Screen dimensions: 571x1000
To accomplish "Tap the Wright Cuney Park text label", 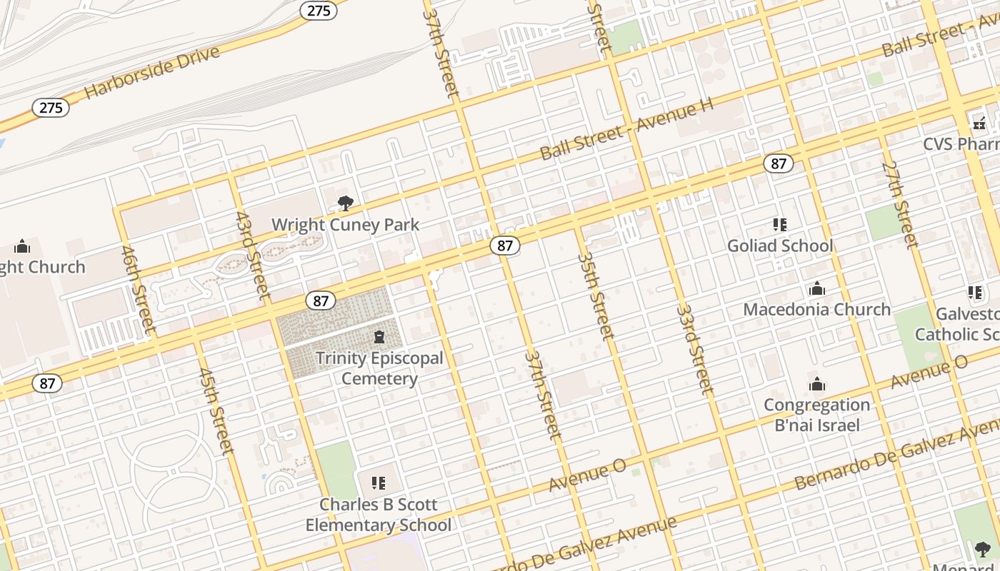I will click(345, 225).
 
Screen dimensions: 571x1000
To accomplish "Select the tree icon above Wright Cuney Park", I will click(346, 203).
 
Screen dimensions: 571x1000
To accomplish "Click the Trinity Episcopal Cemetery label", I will click(379, 368).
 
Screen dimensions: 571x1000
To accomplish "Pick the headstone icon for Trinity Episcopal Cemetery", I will click(379, 337).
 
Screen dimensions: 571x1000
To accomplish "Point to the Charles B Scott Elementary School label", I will click(378, 515).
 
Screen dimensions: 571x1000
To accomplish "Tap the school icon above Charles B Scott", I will click(379, 483).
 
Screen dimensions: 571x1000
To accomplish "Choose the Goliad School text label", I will click(780, 246).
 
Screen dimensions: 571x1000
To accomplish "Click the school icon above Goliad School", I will click(780, 225).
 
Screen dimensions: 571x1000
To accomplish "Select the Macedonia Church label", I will click(816, 310).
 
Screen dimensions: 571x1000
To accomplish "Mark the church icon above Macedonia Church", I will click(816, 289).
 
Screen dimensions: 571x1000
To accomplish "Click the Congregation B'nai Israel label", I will click(816, 415).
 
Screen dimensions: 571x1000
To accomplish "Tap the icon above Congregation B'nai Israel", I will click(817, 385).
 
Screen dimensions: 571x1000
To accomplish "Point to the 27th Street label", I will click(899, 206).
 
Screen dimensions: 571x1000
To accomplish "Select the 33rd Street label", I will click(694, 350).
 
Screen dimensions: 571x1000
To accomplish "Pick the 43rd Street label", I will click(253, 255).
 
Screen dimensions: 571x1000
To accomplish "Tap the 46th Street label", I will click(138, 290).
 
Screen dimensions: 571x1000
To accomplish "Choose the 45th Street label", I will click(216, 411).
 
